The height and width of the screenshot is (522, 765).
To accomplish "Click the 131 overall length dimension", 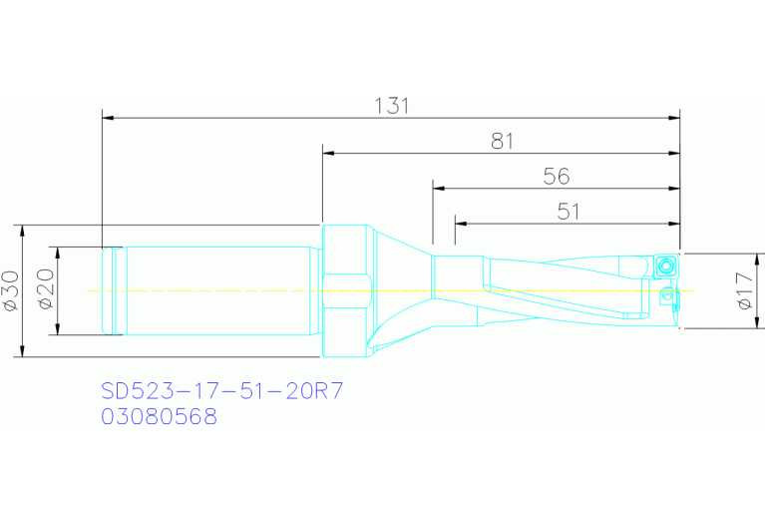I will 392,106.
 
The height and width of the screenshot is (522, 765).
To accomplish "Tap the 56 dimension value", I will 557,176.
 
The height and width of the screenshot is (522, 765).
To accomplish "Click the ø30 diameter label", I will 10,289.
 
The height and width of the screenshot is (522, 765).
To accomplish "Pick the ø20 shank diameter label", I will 45,289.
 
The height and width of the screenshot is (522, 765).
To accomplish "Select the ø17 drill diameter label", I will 744,290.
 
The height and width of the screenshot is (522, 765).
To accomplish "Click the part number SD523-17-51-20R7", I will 222,390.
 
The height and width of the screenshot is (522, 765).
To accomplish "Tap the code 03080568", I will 159,417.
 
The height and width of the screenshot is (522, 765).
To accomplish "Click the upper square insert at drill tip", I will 666,264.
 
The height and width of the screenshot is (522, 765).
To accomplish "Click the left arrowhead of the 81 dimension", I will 328,154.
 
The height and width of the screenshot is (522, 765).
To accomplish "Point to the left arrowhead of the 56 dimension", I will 439,189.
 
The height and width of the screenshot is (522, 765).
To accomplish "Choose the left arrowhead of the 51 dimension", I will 460,223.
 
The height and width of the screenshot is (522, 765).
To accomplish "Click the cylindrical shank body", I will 214,290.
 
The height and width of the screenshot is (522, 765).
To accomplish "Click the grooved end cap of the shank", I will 113,290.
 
